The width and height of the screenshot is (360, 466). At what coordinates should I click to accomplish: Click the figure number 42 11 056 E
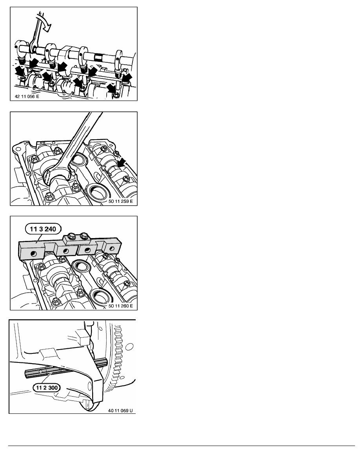27,96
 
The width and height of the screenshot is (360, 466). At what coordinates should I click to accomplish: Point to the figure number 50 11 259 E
121,201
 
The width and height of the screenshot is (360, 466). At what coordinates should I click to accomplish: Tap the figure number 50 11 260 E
121,306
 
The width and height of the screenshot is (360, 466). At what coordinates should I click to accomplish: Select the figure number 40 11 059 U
120,410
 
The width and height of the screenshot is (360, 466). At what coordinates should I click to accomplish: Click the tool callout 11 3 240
43,229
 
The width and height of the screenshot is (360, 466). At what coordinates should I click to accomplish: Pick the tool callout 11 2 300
47,388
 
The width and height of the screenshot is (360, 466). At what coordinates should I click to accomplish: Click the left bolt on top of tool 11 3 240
71,236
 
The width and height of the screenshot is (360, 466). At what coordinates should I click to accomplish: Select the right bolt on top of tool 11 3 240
84,236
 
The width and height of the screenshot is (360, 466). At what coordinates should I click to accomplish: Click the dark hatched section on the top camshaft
98,57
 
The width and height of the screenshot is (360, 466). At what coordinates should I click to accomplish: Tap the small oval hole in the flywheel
129,346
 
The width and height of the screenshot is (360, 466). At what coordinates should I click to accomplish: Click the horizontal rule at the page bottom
182,446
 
